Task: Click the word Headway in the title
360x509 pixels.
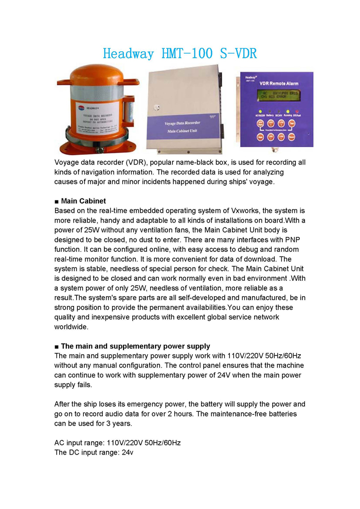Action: pyautogui.click(x=128, y=53)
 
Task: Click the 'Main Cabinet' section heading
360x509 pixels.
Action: pyautogui.click(x=83, y=201)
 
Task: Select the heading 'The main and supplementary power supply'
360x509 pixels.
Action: pyautogui.click(x=135, y=347)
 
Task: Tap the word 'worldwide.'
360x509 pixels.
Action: pyautogui.click(x=71, y=327)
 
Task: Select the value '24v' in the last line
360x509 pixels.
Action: pyautogui.click(x=127, y=452)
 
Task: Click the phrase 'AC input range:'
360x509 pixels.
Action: pyautogui.click(x=80, y=443)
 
